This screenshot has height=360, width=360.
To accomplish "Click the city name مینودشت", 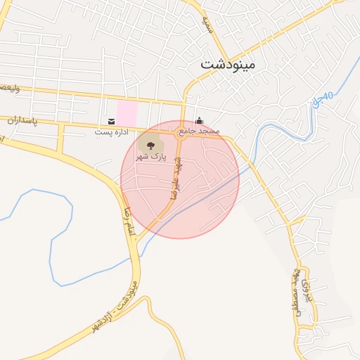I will [229, 63].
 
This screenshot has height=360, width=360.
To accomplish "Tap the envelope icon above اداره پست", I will [112, 121].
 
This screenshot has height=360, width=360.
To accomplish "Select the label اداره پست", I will [112, 132].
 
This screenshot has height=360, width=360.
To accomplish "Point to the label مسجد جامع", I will [199, 131].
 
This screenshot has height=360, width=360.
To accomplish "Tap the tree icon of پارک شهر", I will [150, 146].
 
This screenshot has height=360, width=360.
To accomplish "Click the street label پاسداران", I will [21, 121].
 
